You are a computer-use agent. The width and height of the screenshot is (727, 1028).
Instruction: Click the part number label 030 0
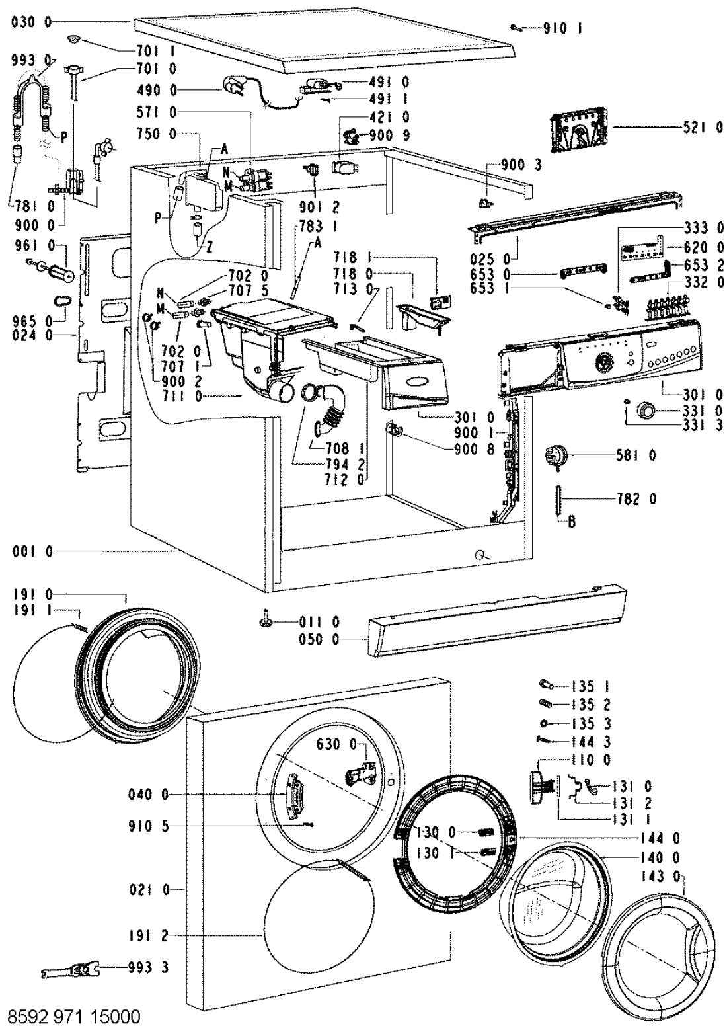coord(32,22)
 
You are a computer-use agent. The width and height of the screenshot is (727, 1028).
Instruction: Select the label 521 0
coord(702,128)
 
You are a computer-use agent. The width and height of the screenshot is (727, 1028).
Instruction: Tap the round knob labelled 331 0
coord(644,412)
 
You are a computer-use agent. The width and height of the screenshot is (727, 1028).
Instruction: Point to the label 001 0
coord(32,551)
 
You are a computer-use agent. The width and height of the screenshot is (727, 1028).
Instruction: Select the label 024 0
coord(32,335)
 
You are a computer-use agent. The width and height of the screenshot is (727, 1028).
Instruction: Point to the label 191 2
coord(149,936)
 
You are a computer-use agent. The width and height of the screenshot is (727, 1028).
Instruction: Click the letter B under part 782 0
coord(572,524)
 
